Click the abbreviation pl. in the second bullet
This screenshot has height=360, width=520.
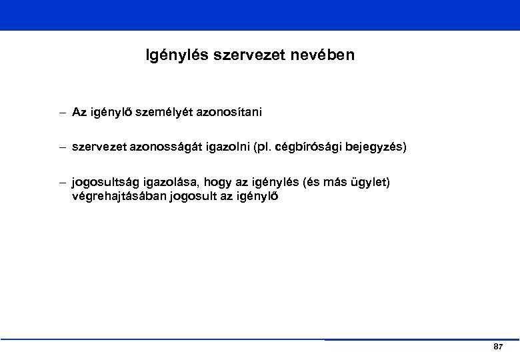coord(259,147)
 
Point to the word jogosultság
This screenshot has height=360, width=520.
coord(104,182)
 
